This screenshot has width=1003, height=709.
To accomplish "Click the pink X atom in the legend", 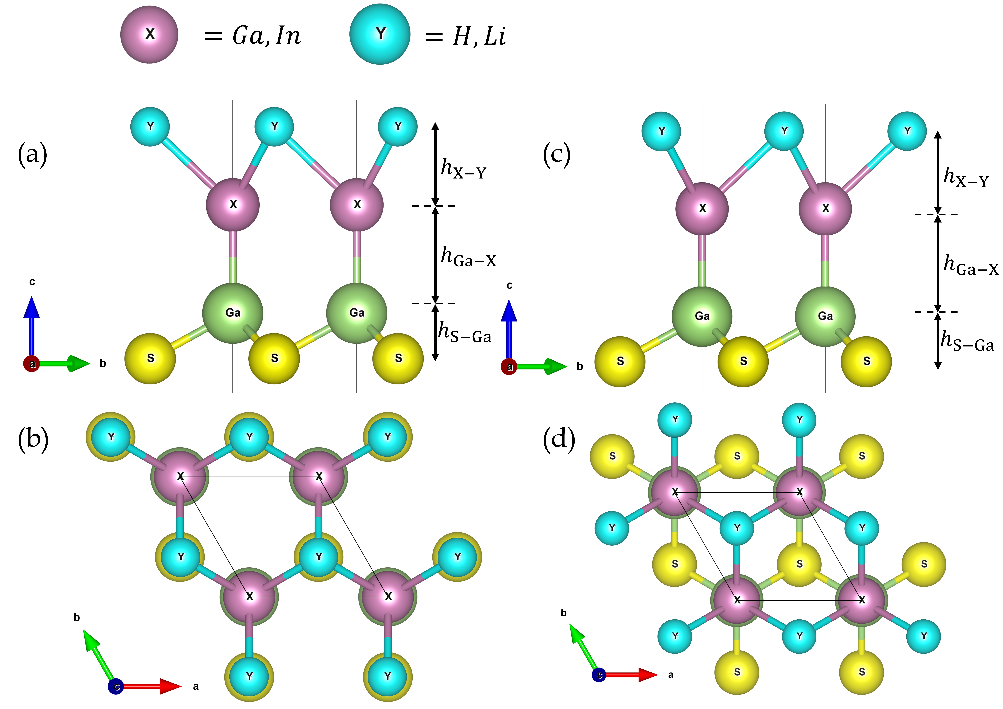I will (x=149, y=34).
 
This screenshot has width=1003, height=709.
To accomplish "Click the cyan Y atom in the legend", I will (x=380, y=34).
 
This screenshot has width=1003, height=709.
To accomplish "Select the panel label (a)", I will (x=32, y=154).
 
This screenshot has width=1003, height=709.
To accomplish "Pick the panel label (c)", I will (x=556, y=154).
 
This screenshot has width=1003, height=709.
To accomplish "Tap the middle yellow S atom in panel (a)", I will (x=274, y=358).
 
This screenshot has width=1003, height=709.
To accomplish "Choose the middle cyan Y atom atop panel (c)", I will (x=784, y=131).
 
